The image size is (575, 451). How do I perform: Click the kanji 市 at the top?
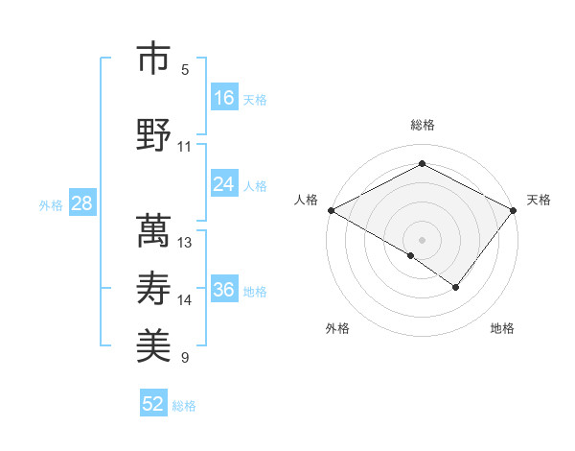click(x=153, y=59)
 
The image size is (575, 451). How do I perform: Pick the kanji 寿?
click(x=153, y=290)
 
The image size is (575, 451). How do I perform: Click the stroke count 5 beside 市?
click(x=185, y=70)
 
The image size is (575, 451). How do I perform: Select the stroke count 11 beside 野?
click(x=185, y=147)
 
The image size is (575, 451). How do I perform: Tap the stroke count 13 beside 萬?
click(x=185, y=243)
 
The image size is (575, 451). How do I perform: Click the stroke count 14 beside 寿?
click(x=185, y=300)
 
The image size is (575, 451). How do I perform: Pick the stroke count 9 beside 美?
click(x=185, y=358)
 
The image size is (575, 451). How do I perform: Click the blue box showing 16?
click(x=224, y=97)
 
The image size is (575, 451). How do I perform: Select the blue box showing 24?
click(x=224, y=183)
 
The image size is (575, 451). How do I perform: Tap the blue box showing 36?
click(x=224, y=289)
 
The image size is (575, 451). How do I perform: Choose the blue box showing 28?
click(x=81, y=202)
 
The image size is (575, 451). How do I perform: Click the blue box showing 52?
click(x=153, y=404)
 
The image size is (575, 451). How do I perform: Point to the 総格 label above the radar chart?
click(x=422, y=125)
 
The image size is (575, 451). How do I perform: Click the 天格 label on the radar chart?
click(x=539, y=200)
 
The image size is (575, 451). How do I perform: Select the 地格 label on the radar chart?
click(x=502, y=329)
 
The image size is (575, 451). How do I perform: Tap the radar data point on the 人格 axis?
click(x=331, y=210)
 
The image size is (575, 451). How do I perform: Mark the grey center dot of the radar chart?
click(x=422, y=239)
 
